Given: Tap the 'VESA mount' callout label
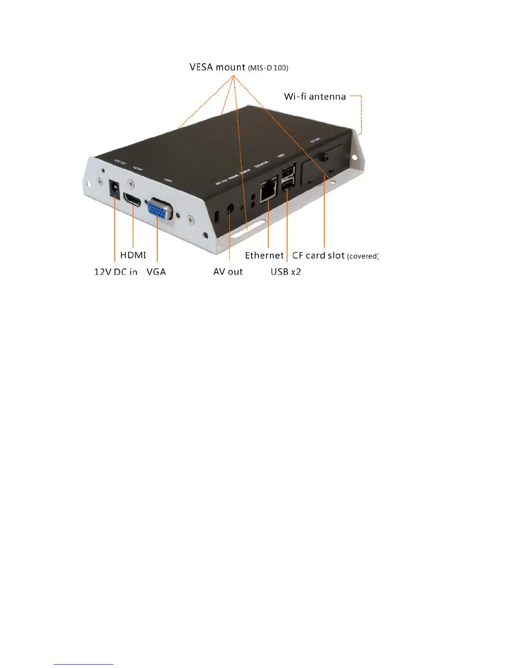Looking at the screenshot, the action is [217, 67].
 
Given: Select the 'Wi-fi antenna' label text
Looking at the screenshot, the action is [314, 97].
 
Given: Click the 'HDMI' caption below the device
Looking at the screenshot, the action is [133, 255].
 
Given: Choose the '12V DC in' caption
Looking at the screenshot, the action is [116, 272].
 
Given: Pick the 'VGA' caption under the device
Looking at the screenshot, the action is [156, 272].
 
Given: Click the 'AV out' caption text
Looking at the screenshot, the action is [228, 272].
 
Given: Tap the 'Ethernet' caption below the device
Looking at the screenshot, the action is [264, 256].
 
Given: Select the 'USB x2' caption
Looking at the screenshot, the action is [285, 272].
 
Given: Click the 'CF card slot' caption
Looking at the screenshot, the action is [318, 256].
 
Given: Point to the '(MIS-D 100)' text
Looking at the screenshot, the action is [268, 68].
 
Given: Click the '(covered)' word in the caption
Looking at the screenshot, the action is [363, 256].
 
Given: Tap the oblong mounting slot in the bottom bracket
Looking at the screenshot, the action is [248, 228].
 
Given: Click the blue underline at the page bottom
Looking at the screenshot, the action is [83, 664].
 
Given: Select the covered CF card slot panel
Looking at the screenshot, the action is [322, 164].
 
